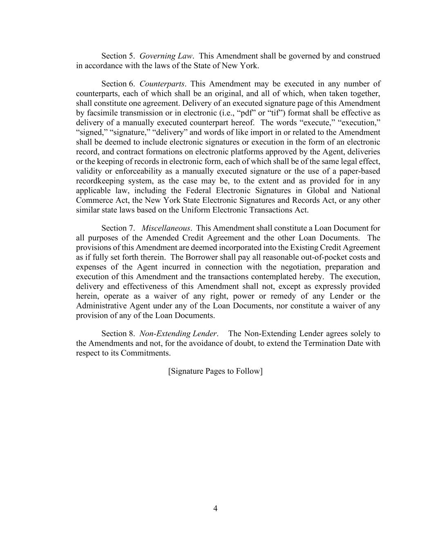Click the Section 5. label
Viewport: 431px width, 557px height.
coord(118,56)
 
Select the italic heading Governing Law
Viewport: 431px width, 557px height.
coord(166,56)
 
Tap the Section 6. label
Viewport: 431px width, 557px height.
coord(118,84)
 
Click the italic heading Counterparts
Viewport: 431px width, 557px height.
coord(162,84)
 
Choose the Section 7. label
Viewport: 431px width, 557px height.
coord(118,228)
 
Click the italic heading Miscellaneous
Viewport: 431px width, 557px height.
coord(166,228)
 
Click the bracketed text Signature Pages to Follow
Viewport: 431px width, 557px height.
coord(215,371)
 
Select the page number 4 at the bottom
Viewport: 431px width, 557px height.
coord(215,508)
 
